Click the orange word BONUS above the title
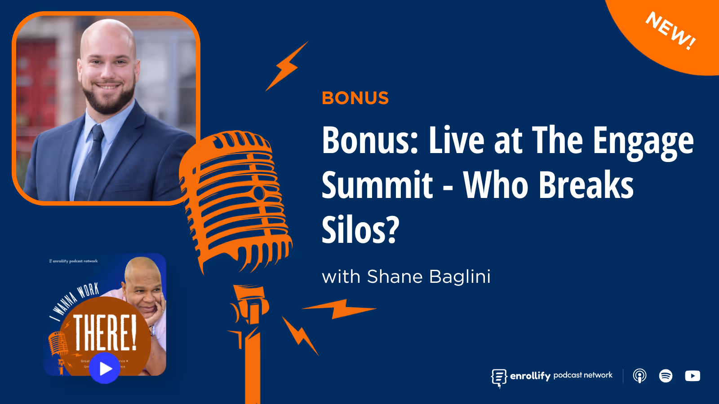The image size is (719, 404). (355, 98)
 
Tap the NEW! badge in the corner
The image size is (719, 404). (670, 31)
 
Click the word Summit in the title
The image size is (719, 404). (377, 185)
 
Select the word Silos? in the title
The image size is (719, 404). (360, 230)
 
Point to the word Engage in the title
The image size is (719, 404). (643, 141)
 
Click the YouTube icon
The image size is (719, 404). (692, 376)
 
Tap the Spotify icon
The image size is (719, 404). (666, 376)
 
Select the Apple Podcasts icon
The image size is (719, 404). (639, 376)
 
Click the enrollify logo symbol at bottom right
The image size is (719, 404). (499, 377)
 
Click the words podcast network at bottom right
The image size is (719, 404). (583, 375)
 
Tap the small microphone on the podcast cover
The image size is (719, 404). (58, 346)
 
